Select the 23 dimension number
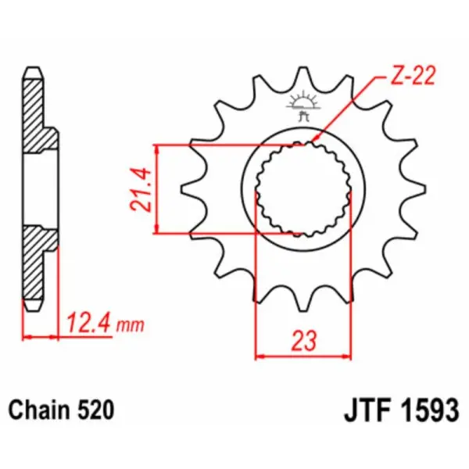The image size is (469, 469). tap(304, 340)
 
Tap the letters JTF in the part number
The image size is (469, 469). tap(364, 410)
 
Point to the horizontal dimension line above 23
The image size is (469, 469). tap(304, 356)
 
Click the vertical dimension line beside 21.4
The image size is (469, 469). tap(158, 189)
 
